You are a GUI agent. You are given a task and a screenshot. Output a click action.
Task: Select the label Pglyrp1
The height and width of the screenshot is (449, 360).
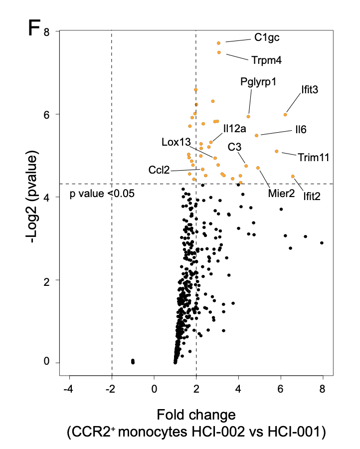[x=258, y=81]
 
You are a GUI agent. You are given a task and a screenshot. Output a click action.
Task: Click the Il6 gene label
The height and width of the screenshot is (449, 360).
[x=300, y=130]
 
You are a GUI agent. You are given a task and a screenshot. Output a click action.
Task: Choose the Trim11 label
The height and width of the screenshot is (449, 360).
[x=313, y=158]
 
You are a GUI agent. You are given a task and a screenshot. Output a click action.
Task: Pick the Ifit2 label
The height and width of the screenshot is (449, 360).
[x=312, y=196]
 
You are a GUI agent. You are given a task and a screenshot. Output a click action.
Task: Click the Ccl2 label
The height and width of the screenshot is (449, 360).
[x=159, y=170]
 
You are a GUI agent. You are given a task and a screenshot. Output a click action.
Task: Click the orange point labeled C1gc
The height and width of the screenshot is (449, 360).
[x=219, y=43]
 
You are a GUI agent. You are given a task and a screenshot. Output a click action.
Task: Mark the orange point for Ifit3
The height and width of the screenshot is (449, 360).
[x=285, y=115]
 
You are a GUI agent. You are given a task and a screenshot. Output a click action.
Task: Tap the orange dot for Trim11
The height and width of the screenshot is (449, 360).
[x=277, y=151]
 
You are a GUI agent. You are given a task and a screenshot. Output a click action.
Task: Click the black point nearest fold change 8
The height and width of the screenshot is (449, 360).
[x=322, y=243]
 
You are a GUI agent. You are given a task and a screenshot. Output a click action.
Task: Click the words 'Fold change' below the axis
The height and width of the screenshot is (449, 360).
[x=196, y=415]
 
